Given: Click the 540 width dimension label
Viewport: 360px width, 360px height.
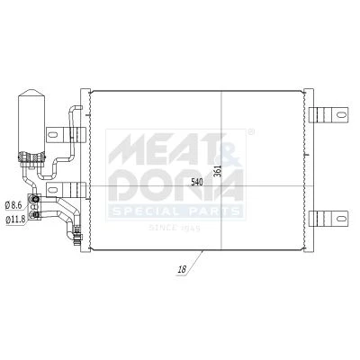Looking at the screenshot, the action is (197, 182).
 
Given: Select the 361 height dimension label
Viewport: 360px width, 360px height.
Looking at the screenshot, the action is (218, 171).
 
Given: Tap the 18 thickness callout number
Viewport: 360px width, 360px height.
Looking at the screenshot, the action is (182, 269).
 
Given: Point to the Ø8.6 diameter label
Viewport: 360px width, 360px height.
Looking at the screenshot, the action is (13, 205).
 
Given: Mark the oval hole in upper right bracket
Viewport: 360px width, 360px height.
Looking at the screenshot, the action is (341, 114).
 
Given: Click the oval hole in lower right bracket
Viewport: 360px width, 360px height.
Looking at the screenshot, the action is (341, 218).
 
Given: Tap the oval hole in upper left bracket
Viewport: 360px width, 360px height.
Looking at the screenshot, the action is (52, 135).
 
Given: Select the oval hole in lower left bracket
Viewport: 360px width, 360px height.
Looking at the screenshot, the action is (52, 190).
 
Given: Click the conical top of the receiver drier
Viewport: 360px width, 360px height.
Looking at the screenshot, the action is (31, 93).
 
